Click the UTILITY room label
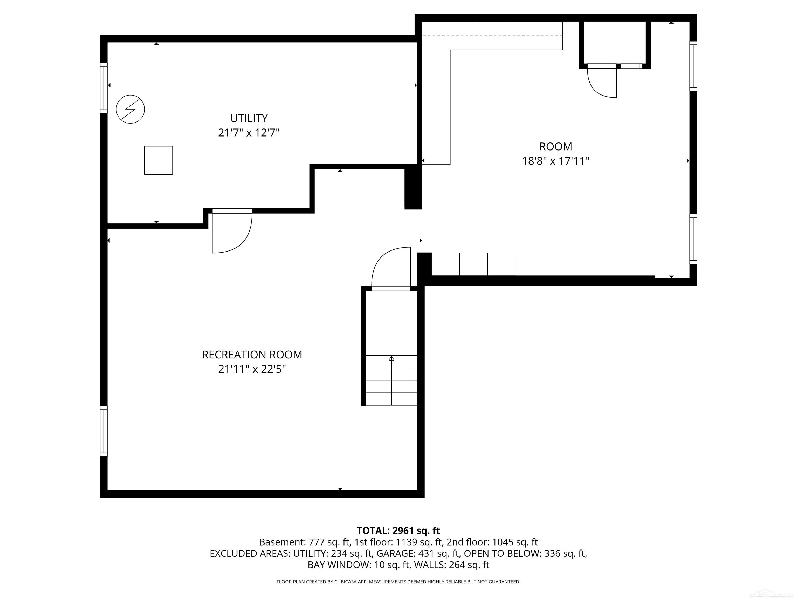(x=249, y=118)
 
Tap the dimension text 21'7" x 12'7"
(x=249, y=133)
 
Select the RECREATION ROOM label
(x=252, y=355)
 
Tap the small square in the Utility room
(x=158, y=160)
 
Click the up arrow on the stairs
(x=392, y=358)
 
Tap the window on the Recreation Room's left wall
(x=104, y=431)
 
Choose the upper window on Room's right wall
(x=693, y=66)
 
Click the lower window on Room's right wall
(x=693, y=239)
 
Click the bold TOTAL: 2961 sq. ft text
(x=398, y=531)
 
